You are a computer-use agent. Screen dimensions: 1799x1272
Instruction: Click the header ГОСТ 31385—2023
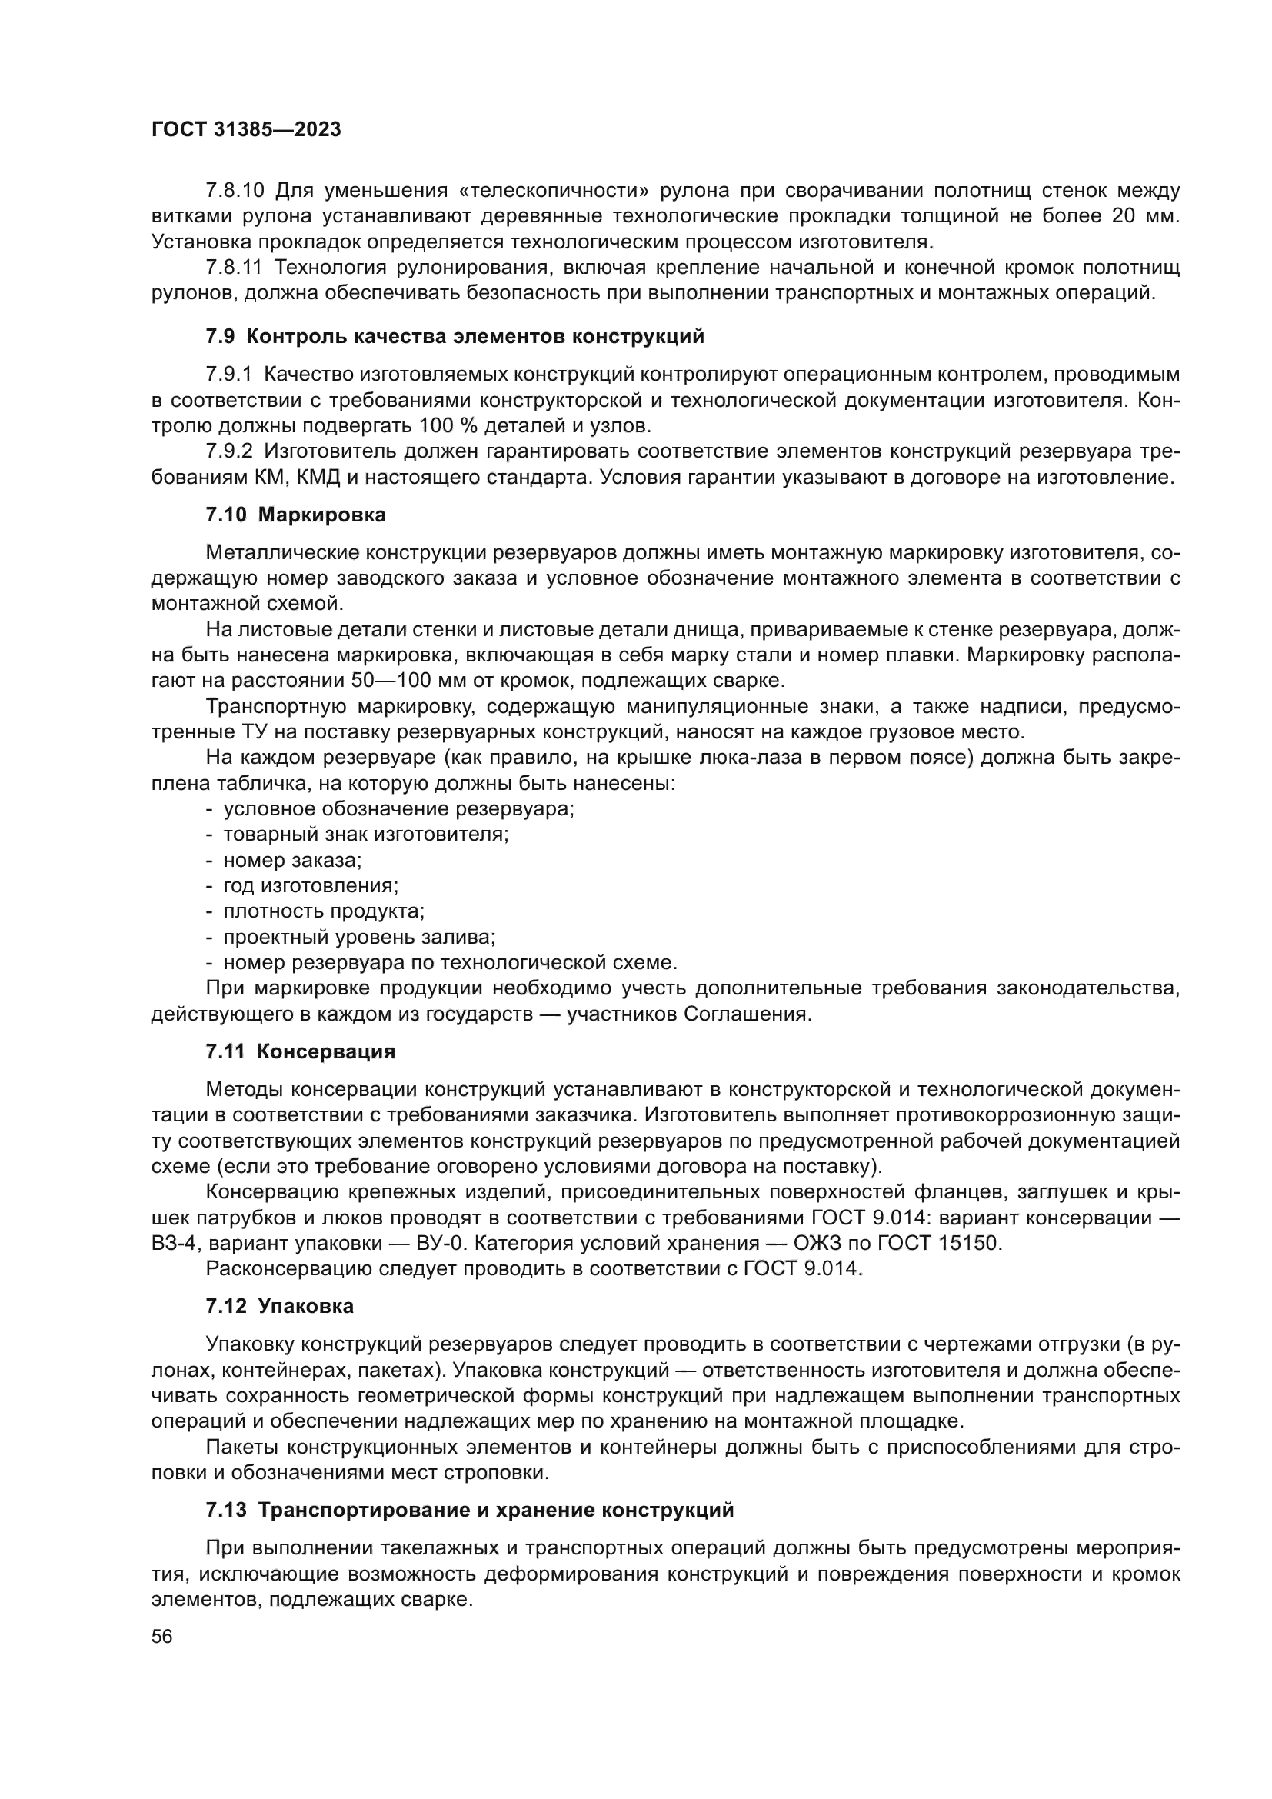coord(246,130)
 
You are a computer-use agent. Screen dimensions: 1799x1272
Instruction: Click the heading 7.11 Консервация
coord(300,1051)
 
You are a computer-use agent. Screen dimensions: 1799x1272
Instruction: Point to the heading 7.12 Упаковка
coord(280,1306)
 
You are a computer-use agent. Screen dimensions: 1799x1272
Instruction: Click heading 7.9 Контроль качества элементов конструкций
coord(455,337)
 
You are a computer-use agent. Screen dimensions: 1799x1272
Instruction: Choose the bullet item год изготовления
coord(310,885)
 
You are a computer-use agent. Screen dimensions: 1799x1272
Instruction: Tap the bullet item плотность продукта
coord(323,911)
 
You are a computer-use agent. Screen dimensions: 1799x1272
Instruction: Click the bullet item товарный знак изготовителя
coord(365,834)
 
